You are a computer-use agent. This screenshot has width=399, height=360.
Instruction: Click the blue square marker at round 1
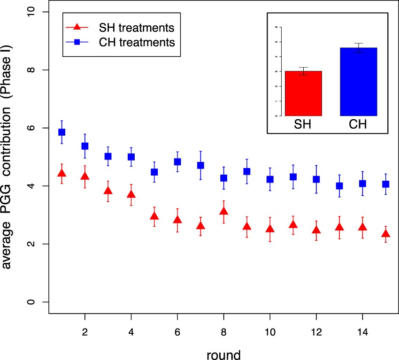point(61,132)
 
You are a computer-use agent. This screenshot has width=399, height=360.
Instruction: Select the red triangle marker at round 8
point(223,211)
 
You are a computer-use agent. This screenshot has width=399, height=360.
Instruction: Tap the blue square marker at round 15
point(385,184)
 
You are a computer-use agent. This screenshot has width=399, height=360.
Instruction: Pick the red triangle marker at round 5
point(154,216)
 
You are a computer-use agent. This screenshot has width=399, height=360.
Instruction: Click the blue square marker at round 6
point(177,162)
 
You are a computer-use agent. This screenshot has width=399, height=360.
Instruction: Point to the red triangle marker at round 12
point(316,230)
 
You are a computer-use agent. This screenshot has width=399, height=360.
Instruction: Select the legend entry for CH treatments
point(122,42)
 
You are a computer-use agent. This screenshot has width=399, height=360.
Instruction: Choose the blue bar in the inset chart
point(359,82)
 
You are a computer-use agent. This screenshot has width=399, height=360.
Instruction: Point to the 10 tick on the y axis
point(32,12)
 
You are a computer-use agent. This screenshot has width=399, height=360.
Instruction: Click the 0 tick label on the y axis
point(32,302)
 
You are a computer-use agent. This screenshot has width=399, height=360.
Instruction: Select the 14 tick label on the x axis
point(362,330)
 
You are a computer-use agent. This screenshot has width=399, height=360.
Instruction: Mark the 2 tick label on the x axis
point(84,330)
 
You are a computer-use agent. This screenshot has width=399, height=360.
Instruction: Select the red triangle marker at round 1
point(61,173)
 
